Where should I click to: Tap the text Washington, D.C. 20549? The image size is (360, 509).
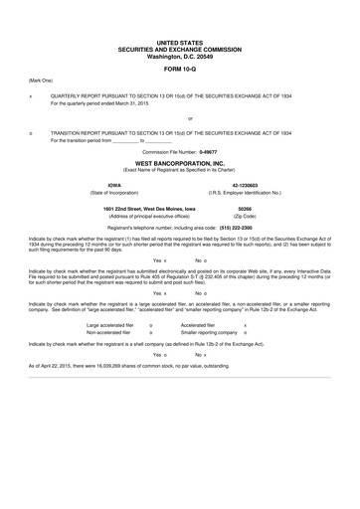[179, 57]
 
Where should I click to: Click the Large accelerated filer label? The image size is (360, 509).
[111, 324]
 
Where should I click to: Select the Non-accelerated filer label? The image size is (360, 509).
[110, 332]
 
